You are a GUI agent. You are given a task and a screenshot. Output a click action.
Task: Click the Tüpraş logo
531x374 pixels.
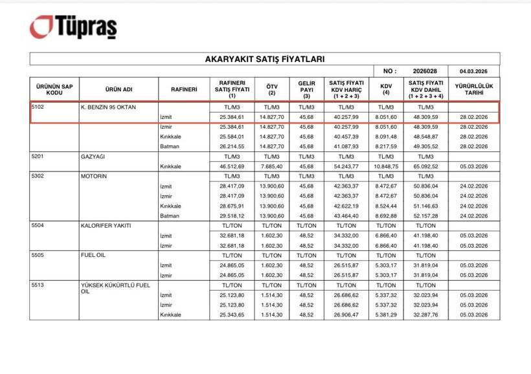tap(73, 27)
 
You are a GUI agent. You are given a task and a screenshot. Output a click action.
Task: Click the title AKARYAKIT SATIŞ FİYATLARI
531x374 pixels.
tap(264, 59)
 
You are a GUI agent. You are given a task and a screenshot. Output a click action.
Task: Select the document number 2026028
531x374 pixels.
tap(425, 71)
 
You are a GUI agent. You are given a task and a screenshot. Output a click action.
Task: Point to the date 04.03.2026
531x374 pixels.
tap(473, 71)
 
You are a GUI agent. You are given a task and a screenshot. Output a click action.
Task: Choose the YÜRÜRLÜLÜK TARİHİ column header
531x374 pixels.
tap(473, 88)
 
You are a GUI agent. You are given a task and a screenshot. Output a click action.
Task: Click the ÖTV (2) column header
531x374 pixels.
tap(272, 88)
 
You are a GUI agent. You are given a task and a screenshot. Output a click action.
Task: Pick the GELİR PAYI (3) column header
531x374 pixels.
tap(306, 88)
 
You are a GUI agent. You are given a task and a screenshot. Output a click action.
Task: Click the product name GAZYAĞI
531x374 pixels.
tap(94, 157)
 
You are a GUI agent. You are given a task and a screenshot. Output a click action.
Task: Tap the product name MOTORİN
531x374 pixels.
tap(94, 175)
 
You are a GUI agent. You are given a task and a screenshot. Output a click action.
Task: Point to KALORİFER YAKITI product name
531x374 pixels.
tap(106, 225)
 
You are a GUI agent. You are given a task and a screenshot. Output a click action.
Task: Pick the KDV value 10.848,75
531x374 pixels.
tap(386, 166)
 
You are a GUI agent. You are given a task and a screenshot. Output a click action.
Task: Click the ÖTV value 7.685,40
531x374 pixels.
tap(272, 166)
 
